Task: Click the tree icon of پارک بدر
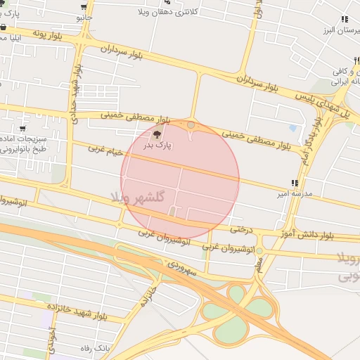point(155,134)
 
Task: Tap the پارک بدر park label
point(158,146)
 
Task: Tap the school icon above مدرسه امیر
point(294,183)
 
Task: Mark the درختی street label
point(240,228)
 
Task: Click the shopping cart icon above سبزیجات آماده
point(23,128)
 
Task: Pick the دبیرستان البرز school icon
point(344,20)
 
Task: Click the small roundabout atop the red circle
point(191,124)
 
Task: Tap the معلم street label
point(259,265)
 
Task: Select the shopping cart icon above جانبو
point(83,5)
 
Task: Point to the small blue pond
point(292,128)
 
